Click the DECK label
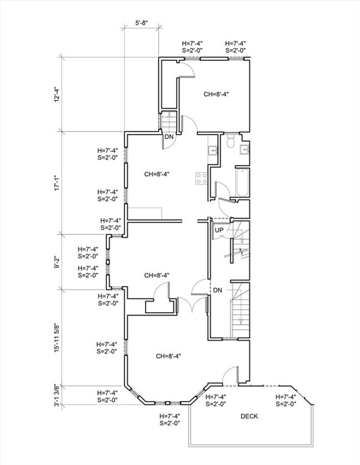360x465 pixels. click(x=249, y=416)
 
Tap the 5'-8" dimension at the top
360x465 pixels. click(x=142, y=23)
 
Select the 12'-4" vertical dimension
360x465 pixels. click(x=56, y=95)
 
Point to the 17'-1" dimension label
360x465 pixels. click(x=56, y=183)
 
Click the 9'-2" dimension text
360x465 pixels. click(x=56, y=262)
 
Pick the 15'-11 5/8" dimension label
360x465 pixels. click(x=56, y=338)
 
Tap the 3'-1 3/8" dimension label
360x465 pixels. click(x=56, y=396)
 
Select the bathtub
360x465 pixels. click(x=242, y=183)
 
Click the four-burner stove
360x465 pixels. click(x=202, y=179)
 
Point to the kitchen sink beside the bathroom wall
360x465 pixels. click(x=213, y=151)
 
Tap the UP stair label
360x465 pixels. click(x=219, y=230)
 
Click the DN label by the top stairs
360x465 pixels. click(x=169, y=137)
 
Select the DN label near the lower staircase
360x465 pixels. click(x=218, y=290)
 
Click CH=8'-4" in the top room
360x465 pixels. click(x=216, y=94)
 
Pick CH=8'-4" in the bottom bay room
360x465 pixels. click(x=168, y=356)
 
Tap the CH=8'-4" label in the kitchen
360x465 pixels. click(x=157, y=174)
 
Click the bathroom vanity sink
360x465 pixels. click(x=245, y=150)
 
